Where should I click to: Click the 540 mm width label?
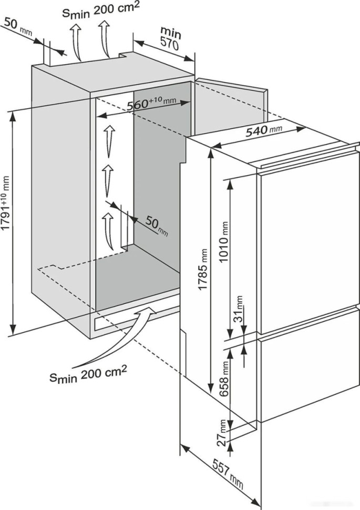263,132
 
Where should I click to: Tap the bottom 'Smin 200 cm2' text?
88,374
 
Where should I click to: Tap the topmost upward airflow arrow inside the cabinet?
109,140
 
